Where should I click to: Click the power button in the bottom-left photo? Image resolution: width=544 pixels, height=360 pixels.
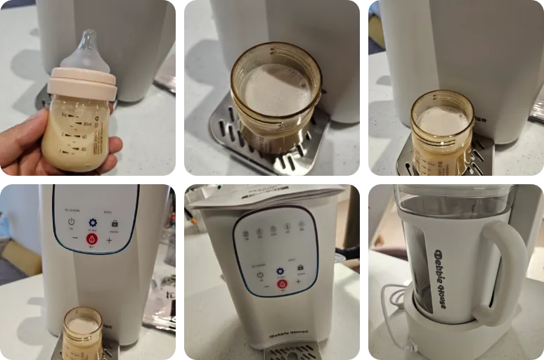pos(71,222)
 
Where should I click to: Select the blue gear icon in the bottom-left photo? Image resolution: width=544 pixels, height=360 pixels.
pos(92,222)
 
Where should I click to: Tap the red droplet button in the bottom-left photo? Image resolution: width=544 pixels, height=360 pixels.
pos(92,239)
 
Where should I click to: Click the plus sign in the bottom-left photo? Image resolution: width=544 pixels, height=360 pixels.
pos(110,240)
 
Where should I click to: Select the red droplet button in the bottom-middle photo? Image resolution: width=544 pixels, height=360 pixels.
pos(281,283)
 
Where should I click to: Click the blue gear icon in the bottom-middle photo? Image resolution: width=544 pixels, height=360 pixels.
pos(280,270)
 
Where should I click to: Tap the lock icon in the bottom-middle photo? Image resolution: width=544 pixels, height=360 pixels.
pos(301,269)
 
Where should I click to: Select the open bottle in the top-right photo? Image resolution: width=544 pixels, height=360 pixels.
pos(443,132)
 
